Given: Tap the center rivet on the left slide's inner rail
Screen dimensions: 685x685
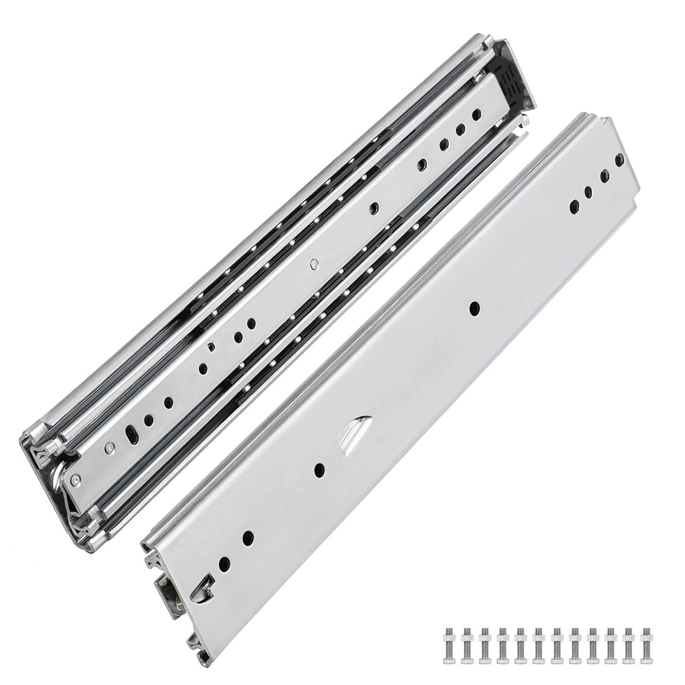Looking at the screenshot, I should pyautogui.click(x=312, y=264).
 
